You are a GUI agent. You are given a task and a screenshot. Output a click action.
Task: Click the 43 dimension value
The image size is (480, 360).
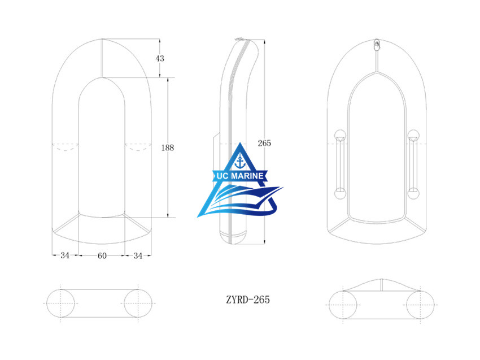160,59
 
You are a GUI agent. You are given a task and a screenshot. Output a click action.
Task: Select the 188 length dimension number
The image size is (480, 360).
167,148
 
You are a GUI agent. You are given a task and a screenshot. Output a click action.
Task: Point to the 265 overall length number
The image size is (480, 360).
264,143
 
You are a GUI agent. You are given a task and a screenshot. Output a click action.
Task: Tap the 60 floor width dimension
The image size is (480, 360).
102,255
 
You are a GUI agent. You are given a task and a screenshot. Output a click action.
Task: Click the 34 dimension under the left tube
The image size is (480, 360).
65,255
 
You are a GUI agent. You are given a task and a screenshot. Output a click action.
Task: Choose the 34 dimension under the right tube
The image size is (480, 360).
138,255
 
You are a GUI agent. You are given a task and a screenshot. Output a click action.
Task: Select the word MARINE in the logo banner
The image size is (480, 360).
246,177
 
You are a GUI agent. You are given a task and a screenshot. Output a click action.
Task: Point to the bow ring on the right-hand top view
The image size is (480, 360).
376,44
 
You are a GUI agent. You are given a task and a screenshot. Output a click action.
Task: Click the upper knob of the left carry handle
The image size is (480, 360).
341,136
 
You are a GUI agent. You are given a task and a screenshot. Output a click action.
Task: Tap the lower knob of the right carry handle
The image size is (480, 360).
414,194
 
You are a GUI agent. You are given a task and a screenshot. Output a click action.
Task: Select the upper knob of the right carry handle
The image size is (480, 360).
414,136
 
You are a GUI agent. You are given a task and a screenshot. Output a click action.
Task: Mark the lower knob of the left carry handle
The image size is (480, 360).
341,194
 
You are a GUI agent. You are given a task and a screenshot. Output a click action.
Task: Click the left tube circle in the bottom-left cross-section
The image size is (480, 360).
59,304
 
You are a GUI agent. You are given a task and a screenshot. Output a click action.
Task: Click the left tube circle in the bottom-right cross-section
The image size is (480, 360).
344,305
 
